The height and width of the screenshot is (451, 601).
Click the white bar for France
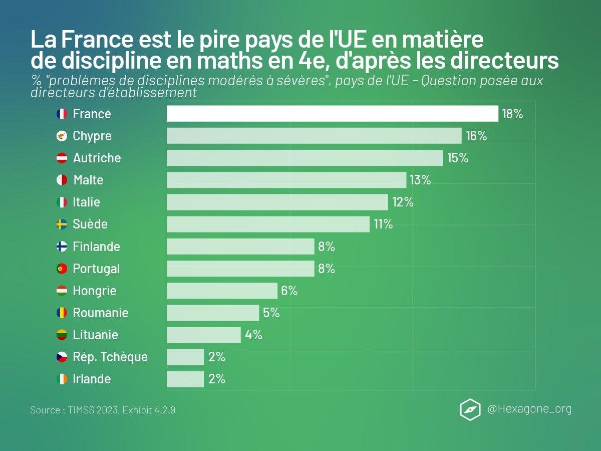[332, 114]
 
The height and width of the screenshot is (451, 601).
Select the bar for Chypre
[314, 136]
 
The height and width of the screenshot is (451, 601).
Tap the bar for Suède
[268, 224]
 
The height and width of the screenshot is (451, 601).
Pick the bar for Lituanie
[204, 335]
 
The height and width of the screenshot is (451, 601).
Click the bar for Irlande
[185, 379]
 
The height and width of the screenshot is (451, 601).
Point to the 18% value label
[512, 114]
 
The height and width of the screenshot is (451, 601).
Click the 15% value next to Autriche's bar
[458, 158]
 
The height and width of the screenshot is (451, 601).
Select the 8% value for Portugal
[326, 269]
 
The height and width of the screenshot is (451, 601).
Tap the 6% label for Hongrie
[289, 291]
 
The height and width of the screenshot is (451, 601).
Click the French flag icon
[62, 114]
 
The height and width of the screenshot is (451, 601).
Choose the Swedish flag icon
[62, 224]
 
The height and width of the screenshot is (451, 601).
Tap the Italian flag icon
[62, 202]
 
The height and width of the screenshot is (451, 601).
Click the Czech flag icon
[62, 357]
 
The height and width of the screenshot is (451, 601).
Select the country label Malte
[88, 180]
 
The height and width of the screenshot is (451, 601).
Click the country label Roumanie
[101, 313]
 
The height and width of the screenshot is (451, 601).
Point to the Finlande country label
[96, 247]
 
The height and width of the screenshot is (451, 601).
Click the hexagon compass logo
[470, 409]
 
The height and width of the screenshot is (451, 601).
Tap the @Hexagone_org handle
[529, 409]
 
